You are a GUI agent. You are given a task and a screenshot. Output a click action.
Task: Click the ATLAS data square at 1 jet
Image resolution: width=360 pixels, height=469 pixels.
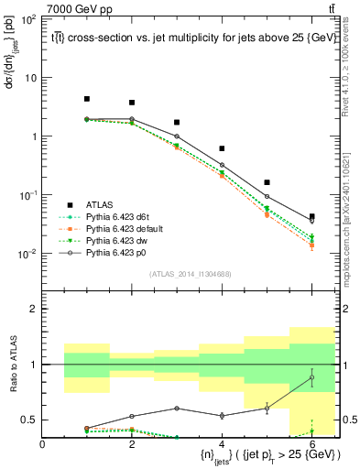tap(87, 99)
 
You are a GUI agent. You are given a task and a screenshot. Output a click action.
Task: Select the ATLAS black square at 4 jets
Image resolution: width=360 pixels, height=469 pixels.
tap(222, 148)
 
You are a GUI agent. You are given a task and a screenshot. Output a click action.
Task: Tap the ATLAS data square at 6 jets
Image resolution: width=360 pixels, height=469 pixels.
tap(311, 216)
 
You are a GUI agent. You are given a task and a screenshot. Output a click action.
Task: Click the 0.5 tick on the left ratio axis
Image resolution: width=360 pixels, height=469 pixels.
tap(31, 420)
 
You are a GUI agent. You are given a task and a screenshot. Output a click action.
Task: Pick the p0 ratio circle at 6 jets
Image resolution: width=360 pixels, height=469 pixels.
tap(311, 377)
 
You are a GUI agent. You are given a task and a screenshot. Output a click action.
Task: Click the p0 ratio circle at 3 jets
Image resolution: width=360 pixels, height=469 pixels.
tap(177, 409)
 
